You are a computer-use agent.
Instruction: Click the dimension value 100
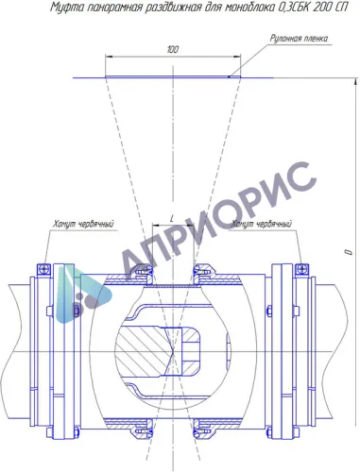click(173, 49)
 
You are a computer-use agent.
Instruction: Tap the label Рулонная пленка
click(299, 39)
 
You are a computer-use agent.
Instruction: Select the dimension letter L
click(172, 219)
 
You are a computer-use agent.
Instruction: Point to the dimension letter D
click(349, 252)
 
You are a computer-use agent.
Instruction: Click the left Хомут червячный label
click(83, 224)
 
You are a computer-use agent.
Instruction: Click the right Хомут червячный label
click(262, 224)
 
